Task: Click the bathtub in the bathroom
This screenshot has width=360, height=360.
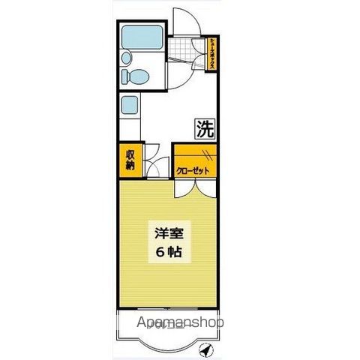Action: (x=140, y=37)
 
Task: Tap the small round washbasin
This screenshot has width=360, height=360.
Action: (x=126, y=58)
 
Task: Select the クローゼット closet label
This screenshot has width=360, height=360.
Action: (x=193, y=171)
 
